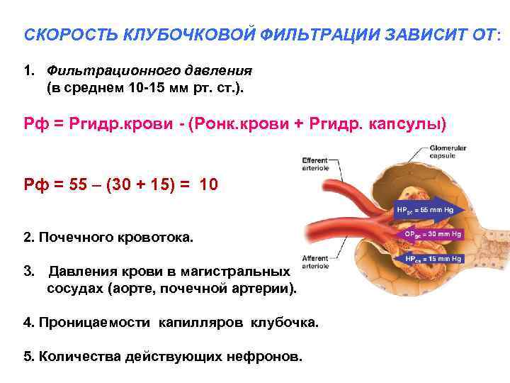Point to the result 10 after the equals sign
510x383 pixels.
coord(210,186)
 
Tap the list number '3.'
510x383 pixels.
coord(29,271)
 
